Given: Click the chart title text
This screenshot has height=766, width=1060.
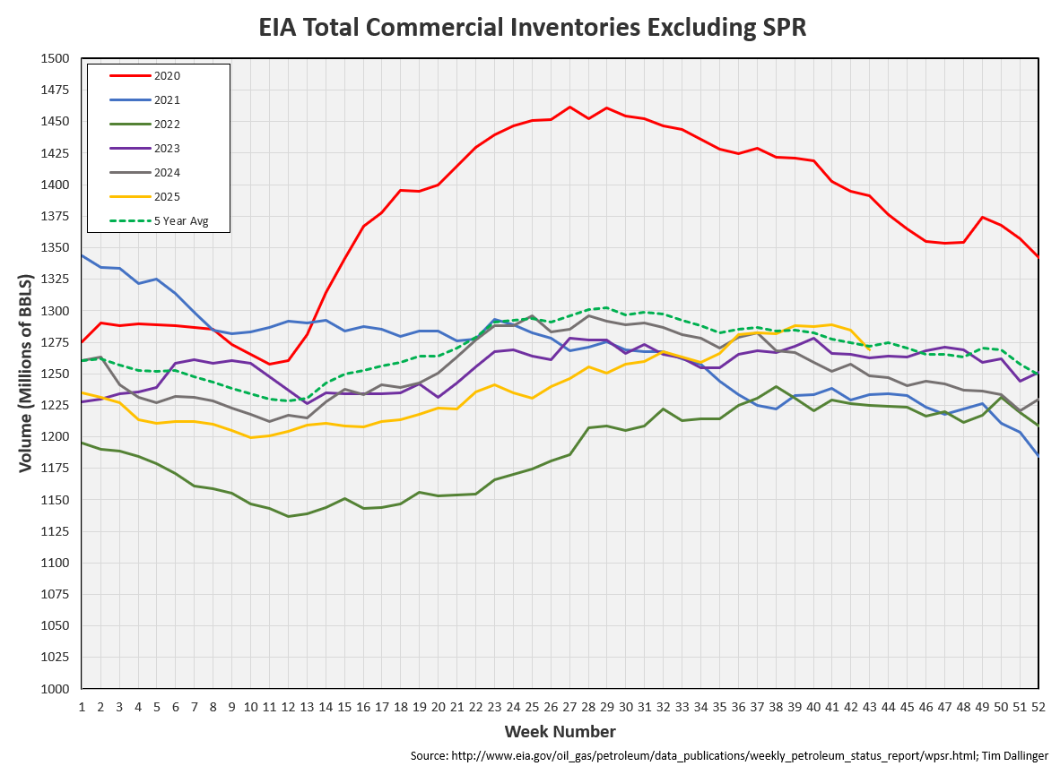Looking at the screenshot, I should pos(533,27).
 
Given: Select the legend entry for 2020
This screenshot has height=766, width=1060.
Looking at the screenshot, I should pos(167,76).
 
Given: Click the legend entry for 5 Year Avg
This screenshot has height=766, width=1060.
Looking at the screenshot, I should pos(180,220).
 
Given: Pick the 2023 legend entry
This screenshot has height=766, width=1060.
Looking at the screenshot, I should pos(167,149).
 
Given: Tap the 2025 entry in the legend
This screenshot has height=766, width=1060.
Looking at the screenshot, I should pos(167,196).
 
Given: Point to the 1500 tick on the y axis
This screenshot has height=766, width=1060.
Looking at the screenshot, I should pos(55,58).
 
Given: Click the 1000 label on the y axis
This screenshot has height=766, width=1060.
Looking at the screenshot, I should pos(55,689).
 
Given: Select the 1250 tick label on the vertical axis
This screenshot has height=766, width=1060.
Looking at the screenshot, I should pos(55,374).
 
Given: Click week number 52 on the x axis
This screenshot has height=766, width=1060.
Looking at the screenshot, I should pos(1038,706).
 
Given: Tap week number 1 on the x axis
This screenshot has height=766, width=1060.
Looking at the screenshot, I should pos(82,706).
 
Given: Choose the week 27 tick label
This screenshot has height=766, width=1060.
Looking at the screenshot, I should pos(569,706).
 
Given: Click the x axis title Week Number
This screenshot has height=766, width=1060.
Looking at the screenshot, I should pos(560,731).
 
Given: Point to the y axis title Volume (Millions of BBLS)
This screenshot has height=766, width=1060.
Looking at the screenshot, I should pos(24,374).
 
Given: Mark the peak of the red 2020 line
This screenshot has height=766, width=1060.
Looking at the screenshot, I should pos(569,107).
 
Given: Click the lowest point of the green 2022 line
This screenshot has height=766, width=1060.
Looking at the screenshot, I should pos(288,516).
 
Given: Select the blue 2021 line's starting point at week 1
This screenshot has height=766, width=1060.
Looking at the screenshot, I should pos(82,255).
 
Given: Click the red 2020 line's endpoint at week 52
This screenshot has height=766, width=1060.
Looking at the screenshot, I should pos(1038,257).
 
